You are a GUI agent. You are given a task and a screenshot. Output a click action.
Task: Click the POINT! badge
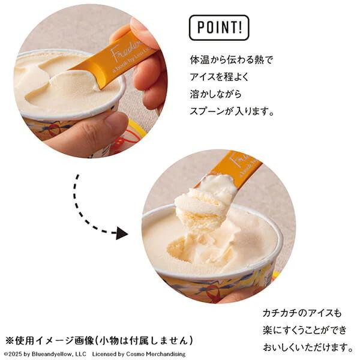(219, 28)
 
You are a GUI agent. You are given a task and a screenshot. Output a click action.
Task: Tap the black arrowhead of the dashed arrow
(122, 233)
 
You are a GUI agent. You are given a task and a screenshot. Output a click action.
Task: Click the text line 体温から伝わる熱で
(231, 59)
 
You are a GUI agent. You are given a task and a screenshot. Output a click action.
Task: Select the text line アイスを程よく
(219, 77)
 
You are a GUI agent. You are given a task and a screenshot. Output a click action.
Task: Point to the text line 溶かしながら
(215, 94)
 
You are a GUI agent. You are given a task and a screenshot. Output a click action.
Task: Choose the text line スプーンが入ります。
(232, 111)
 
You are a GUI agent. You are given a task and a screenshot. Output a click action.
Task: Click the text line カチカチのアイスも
(302, 313)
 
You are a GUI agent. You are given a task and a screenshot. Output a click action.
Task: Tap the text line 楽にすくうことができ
(305, 330)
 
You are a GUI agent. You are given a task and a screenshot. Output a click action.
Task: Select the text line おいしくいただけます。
(308, 347)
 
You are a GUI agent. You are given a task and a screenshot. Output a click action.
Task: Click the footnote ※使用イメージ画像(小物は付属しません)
(99, 340)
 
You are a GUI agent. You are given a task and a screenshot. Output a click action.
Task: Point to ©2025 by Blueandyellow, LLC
(45, 354)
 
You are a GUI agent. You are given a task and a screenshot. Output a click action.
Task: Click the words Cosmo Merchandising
(156, 354)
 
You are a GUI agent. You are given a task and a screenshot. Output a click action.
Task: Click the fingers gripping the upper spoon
(147, 67)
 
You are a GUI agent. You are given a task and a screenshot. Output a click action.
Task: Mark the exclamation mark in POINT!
(240, 26)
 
